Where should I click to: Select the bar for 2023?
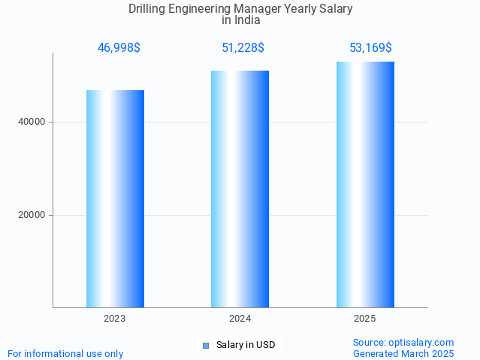115,198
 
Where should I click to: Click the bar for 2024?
240,189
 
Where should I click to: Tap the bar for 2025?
365,184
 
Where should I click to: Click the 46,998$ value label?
119,48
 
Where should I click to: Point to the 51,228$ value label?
243,48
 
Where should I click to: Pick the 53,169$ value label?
370,48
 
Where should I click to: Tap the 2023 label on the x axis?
115,319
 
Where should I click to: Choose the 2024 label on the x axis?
240,319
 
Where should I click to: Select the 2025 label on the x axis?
365,319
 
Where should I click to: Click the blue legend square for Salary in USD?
205,346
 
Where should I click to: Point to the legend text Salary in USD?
246,346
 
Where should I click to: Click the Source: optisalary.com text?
403,343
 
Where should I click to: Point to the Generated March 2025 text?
403,353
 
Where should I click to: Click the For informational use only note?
65,353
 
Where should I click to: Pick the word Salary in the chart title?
336,9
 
